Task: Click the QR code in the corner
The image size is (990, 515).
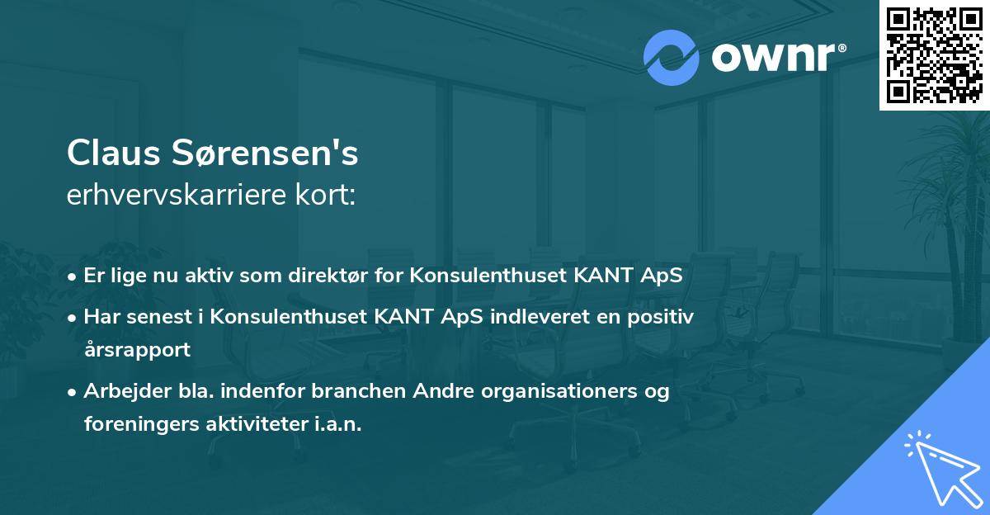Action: (934, 54)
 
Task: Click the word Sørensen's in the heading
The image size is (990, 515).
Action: (263, 154)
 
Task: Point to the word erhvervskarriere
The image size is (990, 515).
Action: (170, 196)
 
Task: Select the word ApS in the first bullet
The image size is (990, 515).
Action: (662, 276)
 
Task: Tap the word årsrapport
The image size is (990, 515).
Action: (137, 349)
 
